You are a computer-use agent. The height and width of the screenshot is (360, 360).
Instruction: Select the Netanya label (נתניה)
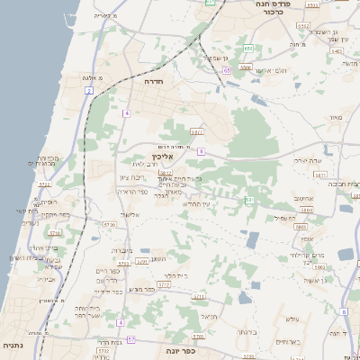point(13,345)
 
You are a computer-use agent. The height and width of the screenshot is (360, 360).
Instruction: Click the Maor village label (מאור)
point(336,117)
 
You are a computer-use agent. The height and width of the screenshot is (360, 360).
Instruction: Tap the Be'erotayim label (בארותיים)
point(289,342)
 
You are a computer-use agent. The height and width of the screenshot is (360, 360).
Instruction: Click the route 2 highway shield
point(88,92)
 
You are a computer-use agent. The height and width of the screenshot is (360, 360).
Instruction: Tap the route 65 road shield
point(228,69)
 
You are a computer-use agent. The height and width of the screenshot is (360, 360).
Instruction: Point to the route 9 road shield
point(202,151)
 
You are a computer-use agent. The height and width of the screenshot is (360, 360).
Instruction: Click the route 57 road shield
point(130,339)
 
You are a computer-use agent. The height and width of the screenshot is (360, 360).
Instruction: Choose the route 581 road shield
point(248,200)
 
